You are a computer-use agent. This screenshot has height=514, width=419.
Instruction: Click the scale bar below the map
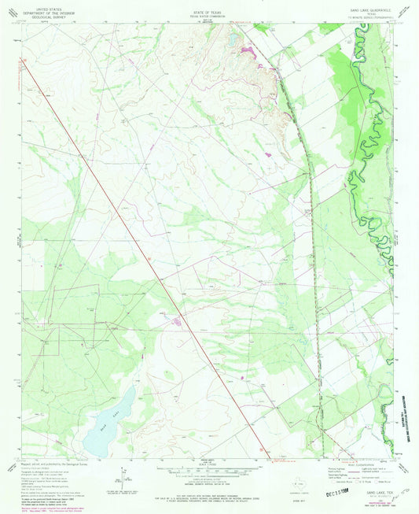point(208,470)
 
